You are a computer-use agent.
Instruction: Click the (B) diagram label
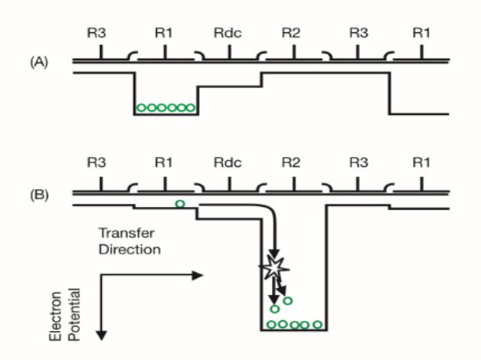38,195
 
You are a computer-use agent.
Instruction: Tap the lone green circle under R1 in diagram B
180,204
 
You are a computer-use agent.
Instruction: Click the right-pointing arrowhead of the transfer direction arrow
200,274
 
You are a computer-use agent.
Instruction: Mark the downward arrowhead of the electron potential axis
100,333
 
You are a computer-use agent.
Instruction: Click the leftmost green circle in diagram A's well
141,108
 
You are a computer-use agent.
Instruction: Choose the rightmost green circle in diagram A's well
191,108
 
